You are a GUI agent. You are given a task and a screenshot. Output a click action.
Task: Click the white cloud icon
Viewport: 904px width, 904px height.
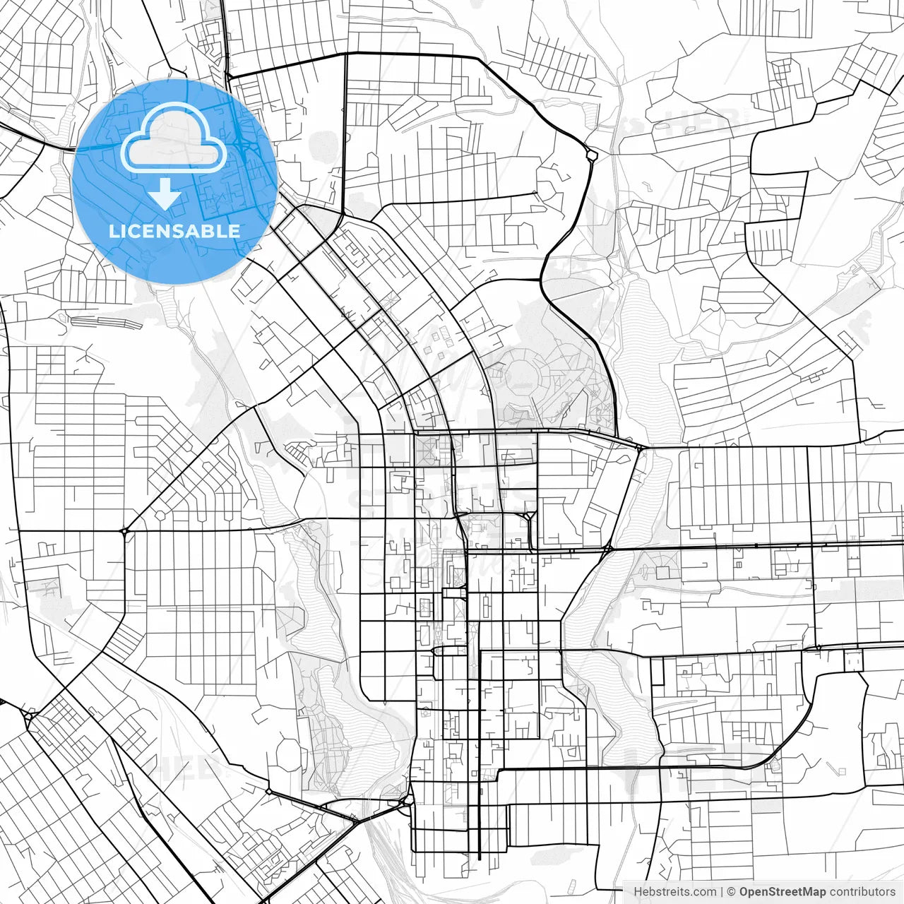[174, 140]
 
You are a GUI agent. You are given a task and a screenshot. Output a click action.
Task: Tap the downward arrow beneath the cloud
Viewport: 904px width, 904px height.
[165, 194]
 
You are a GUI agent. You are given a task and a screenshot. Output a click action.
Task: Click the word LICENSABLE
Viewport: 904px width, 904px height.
[174, 231]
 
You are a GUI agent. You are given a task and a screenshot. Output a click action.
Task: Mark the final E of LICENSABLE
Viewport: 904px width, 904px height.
[234, 231]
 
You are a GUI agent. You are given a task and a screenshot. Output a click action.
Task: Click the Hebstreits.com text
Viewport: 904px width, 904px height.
[675, 892]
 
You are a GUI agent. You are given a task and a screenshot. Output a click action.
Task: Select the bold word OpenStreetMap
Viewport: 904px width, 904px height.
[783, 892]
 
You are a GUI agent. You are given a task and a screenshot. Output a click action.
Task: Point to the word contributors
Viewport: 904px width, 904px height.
[862, 892]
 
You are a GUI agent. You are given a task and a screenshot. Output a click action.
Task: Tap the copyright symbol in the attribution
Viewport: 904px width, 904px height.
[732, 892]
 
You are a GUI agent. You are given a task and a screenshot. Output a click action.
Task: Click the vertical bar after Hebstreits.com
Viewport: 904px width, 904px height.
[722, 892]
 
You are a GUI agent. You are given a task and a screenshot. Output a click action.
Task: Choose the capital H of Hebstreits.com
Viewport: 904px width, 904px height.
[638, 892]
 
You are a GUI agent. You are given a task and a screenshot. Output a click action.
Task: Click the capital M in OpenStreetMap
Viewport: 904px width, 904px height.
[811, 892]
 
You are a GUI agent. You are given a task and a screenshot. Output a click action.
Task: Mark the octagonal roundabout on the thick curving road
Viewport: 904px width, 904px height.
[592, 153]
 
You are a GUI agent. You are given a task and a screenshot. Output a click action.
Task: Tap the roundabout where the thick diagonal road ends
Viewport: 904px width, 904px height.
[124, 530]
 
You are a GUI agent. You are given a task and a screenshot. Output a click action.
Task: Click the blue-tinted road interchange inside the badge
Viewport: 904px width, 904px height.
[244, 144]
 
